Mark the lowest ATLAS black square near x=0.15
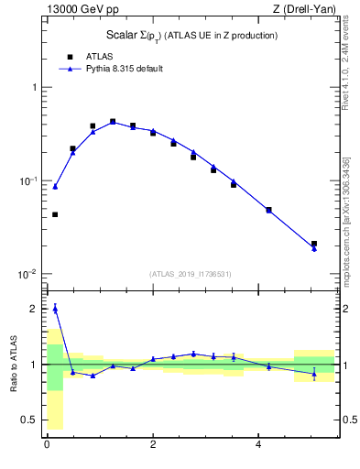pyautogui.click(x=55, y=214)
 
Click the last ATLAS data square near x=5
pyautogui.click(x=314, y=244)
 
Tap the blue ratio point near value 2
pyautogui.click(x=55, y=309)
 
